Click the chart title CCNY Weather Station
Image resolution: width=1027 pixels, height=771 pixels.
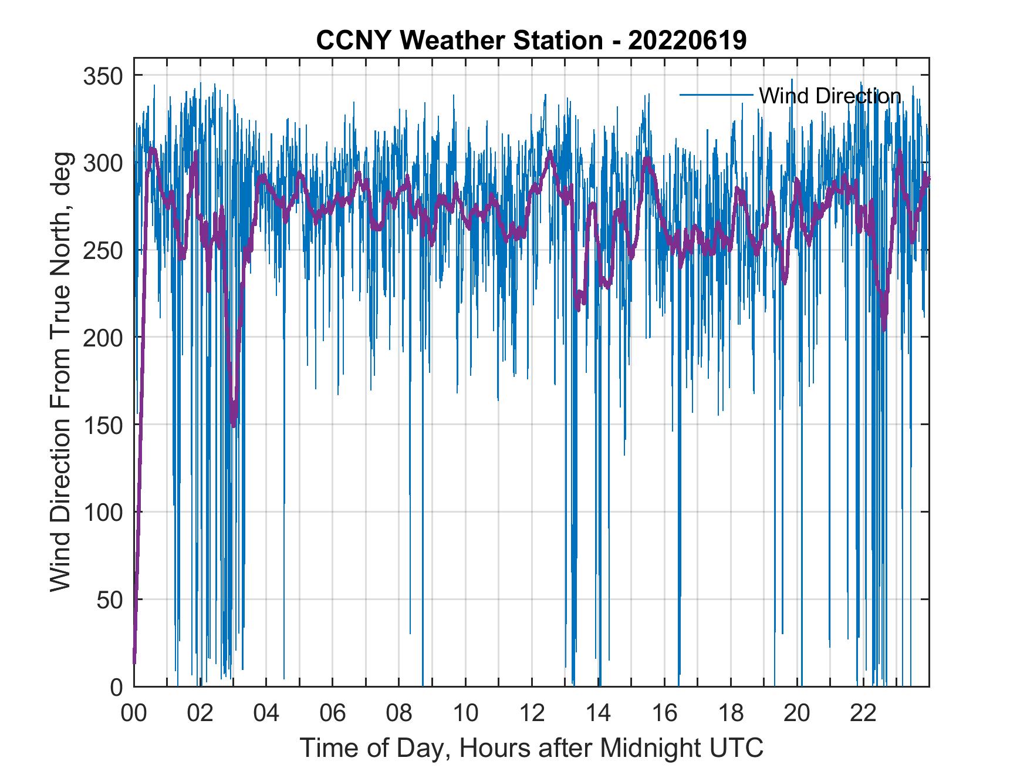pyautogui.click(x=458, y=41)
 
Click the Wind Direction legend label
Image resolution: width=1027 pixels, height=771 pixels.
pyautogui.click(x=830, y=96)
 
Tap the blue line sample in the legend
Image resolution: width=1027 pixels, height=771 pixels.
pyautogui.click(x=716, y=95)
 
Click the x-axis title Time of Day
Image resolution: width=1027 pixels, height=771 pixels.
pyautogui.click(x=531, y=748)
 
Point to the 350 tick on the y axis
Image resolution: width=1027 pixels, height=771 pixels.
pyautogui.click(x=102, y=76)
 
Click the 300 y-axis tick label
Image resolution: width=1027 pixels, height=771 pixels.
pyautogui.click(x=102, y=163)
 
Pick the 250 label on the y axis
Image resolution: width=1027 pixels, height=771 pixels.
pyautogui.click(x=102, y=251)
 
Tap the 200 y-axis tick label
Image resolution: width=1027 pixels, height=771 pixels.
pyautogui.click(x=102, y=338)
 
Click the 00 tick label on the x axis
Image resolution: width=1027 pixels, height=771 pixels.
pyautogui.click(x=134, y=715)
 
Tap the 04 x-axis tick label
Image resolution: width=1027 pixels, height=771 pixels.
pyautogui.click(x=266, y=715)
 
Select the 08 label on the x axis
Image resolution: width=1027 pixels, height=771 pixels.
pyautogui.click(x=399, y=715)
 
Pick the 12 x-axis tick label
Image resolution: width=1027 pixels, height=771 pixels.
pyautogui.click(x=532, y=715)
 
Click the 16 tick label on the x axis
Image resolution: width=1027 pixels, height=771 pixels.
pyautogui.click(x=664, y=715)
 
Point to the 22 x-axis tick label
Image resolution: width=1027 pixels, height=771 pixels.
pyautogui.click(x=863, y=715)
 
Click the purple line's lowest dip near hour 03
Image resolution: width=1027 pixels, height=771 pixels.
pyautogui.click(x=234, y=424)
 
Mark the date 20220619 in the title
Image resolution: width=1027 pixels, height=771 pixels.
pyautogui.click(x=687, y=41)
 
